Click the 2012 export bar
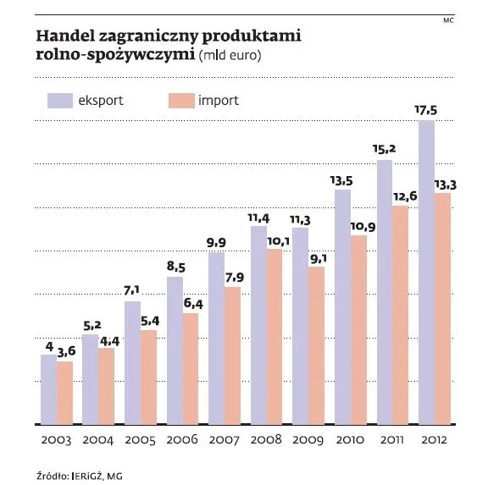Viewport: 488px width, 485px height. tap(426, 271)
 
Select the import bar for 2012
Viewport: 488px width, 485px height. tap(441, 308)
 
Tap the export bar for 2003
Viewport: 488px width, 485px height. tap(49, 389)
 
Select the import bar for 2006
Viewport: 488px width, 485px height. tap(190, 368)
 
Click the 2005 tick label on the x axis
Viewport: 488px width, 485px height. tap(140, 441)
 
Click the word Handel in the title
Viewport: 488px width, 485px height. tap(64, 37)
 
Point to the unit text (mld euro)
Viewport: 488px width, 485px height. tap(229, 57)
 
